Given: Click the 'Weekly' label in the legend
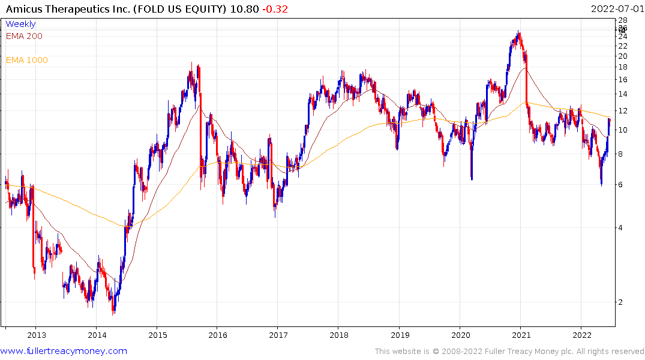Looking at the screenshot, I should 20,24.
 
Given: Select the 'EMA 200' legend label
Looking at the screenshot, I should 24,36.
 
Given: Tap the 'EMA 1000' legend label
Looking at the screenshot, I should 27,60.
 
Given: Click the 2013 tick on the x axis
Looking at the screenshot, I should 36,334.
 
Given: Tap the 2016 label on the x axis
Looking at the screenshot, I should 218,334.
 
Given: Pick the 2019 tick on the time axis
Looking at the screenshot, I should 400,334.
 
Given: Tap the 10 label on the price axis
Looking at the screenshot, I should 623,130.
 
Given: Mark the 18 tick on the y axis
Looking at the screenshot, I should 623,67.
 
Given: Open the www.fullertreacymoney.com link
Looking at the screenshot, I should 64,351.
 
